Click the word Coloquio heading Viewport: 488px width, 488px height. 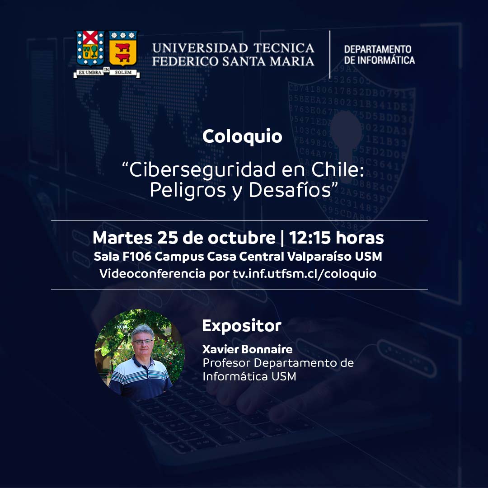242,136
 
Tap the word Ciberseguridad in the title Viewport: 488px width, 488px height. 202,170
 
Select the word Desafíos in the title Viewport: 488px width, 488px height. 290,189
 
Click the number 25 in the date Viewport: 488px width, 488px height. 168,238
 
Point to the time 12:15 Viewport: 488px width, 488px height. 310,238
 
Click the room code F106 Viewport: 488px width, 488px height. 137,257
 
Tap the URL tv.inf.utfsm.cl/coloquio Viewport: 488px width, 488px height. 305,273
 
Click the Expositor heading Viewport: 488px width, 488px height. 242,326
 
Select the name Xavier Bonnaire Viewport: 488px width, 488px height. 248,349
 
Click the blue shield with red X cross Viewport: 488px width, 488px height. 90,48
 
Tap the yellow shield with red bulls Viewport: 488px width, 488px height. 123,48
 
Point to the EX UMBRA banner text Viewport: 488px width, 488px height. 89,72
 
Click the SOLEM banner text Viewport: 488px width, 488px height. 123,72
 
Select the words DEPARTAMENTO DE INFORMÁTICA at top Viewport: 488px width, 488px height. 380,55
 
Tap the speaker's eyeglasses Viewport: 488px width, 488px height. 143,342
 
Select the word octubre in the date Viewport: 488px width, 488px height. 241,238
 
